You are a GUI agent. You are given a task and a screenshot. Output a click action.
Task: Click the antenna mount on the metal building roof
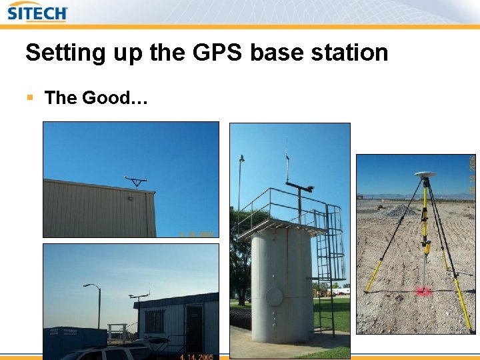click(136, 181)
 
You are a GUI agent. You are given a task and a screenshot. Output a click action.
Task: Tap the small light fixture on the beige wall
click(130, 197)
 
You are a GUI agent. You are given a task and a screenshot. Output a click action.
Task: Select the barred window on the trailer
click(155, 321)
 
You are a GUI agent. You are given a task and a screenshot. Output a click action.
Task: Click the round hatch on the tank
click(274, 295)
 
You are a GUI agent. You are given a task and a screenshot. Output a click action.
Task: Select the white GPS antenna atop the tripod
click(424, 175)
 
